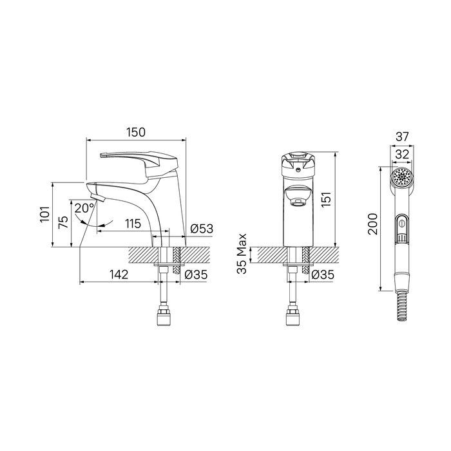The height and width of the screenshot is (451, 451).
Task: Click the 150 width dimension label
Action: click(136, 132)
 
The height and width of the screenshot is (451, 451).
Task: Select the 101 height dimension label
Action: click(46, 215)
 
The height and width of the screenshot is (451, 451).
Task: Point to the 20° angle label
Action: click(84, 208)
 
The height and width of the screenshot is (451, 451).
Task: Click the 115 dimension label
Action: click(133, 224)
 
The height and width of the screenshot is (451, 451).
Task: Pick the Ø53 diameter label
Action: click(202, 229)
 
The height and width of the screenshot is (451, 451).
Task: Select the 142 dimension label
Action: click(119, 274)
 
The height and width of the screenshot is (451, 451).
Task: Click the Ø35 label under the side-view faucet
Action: click(196, 274)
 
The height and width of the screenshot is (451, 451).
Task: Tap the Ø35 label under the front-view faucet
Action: click(323, 274)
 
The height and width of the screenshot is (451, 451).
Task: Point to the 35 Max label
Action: click(242, 253)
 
